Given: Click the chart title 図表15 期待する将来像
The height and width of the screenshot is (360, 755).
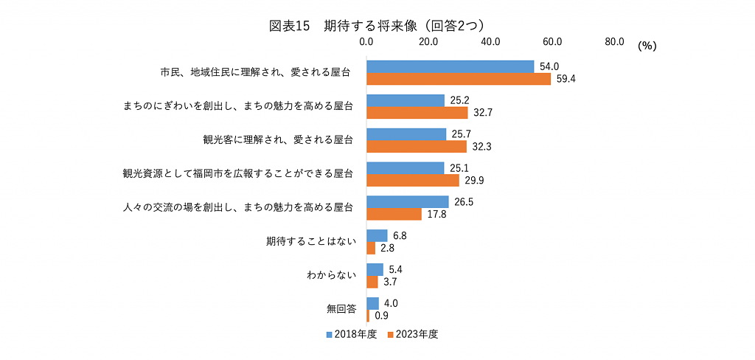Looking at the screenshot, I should [x=377, y=25].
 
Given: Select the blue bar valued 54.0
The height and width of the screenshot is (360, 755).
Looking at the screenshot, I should [x=450, y=66].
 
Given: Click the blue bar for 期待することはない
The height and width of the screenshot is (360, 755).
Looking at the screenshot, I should [x=377, y=235].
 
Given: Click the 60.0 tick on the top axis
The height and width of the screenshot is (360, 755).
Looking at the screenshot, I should [x=552, y=42].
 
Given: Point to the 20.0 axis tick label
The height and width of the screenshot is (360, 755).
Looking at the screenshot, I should [x=428, y=42].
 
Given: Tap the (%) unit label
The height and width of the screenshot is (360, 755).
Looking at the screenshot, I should [x=647, y=46].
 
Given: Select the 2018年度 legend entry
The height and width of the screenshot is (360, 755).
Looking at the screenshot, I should [x=352, y=334].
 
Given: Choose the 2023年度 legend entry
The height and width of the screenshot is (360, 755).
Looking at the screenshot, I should [x=413, y=334].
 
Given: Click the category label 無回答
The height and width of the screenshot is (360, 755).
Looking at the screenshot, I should [x=341, y=309].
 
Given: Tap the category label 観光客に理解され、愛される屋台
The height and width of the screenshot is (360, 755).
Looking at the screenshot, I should [x=277, y=139].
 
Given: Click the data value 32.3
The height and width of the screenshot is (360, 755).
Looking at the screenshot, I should [x=481, y=147].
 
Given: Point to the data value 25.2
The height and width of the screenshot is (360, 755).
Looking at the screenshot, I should [x=460, y=100].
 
